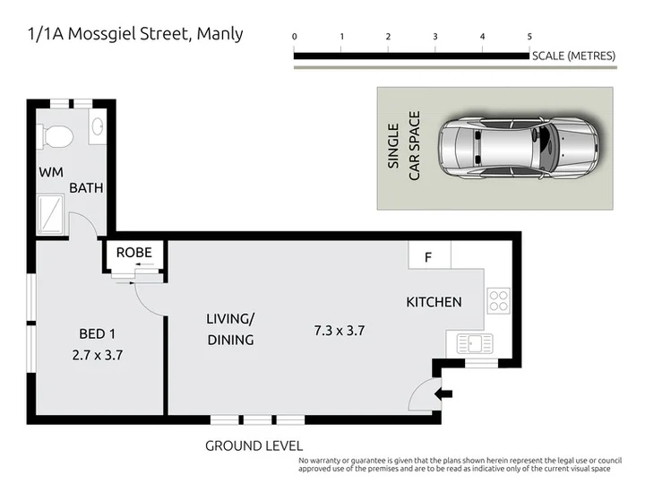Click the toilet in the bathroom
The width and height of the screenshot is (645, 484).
(x=56, y=136)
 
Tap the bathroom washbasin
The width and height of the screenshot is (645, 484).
(x=98, y=126)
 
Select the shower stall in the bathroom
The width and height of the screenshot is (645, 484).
(x=50, y=214)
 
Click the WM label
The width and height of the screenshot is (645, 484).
(x=51, y=172)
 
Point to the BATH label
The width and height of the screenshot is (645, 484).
(x=86, y=188)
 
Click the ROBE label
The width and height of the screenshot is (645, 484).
(x=134, y=252)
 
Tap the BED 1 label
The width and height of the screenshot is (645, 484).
(x=97, y=333)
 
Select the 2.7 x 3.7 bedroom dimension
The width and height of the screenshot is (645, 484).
(x=98, y=355)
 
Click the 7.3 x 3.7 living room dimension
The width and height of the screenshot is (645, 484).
(x=340, y=331)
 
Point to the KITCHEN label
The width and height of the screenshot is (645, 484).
(x=434, y=302)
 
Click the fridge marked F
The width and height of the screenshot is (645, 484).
(x=429, y=255)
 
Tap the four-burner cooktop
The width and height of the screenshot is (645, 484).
(x=499, y=301)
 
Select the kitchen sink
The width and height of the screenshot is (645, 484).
(x=475, y=343)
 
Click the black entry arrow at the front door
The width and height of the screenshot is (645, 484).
(x=443, y=393)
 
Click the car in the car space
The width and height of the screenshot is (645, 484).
(x=519, y=148)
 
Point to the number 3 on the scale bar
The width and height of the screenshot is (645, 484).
(x=435, y=37)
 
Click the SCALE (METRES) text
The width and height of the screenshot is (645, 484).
(x=574, y=56)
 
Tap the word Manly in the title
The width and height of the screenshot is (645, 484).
(x=220, y=34)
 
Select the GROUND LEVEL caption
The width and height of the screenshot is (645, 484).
(x=254, y=445)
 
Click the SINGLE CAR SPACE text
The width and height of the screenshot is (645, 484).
(x=403, y=146)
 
